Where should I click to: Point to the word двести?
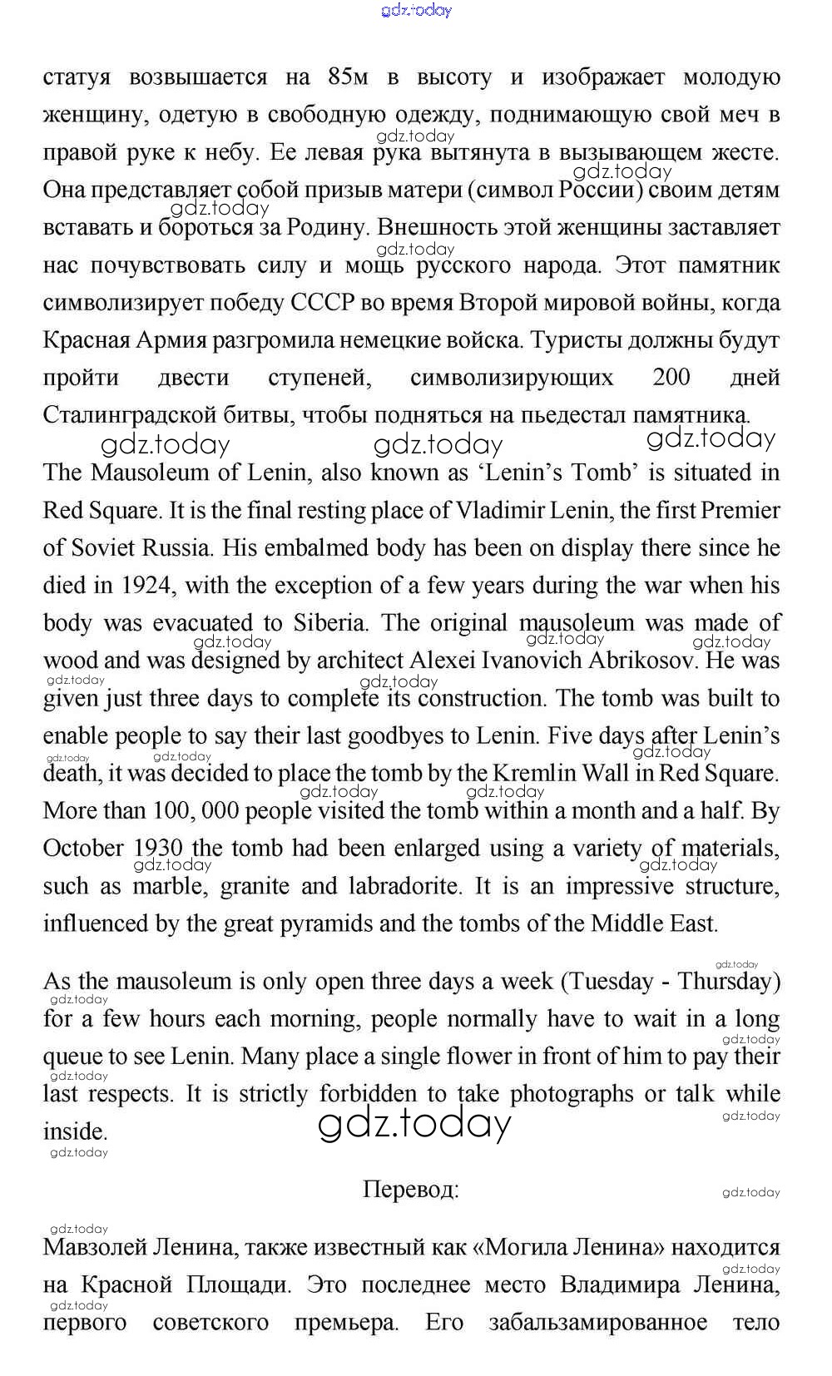(x=193, y=378)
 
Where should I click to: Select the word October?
(x=83, y=849)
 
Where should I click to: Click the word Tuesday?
(x=612, y=982)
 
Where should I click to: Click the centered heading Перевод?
(x=410, y=1190)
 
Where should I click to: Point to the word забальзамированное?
(x=598, y=1322)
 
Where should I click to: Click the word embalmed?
(x=321, y=548)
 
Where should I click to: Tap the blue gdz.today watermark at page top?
(x=416, y=11)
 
